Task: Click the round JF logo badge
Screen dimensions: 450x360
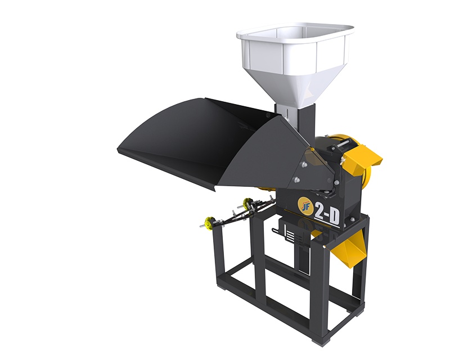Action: pos(304,204)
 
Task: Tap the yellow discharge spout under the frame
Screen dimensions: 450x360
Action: pos(348,249)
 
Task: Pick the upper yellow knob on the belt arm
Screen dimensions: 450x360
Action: pos(246,203)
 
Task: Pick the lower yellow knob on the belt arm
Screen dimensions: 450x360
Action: pos(208,222)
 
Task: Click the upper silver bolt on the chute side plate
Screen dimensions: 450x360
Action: pos(303,164)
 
